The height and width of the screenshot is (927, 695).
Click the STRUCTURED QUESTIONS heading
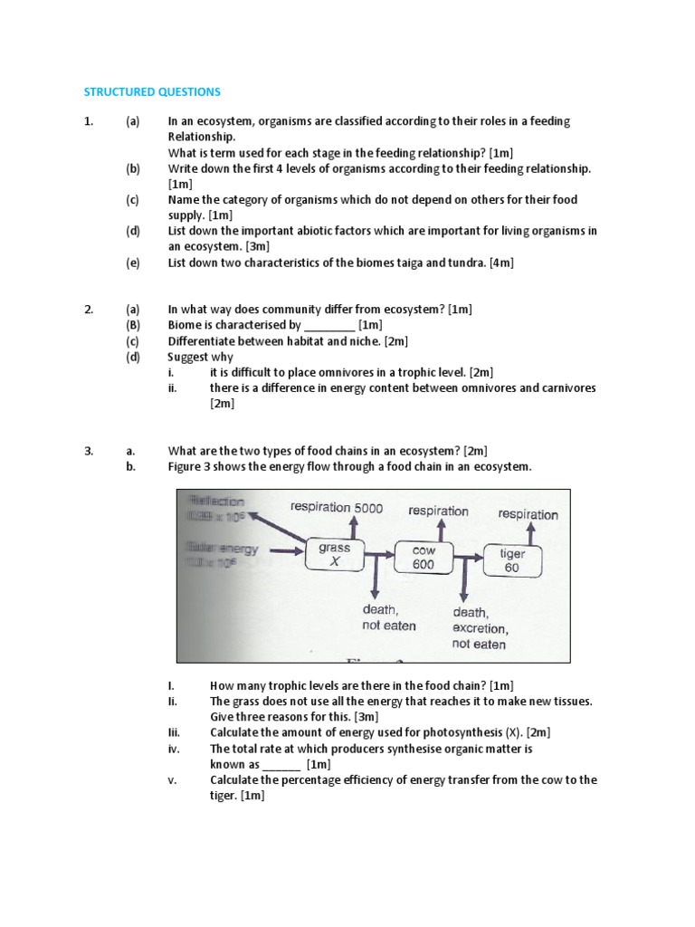pos(152,91)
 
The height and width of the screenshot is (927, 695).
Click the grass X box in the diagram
pos(334,555)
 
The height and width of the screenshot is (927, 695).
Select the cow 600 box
pos(423,558)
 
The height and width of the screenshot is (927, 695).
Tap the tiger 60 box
pos(512,560)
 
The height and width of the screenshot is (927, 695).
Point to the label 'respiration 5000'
pos(337,508)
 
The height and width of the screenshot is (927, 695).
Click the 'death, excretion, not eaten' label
pos(480,628)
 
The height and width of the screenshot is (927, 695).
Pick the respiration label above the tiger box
pos(528,514)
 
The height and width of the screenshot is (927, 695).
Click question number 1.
pos(89,121)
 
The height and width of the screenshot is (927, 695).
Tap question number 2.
pos(89,310)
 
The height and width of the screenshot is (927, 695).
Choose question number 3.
pos(89,451)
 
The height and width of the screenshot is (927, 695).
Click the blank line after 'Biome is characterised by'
pos(329,325)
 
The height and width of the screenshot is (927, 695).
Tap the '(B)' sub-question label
pos(133,325)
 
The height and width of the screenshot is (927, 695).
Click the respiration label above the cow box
pos(438,511)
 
